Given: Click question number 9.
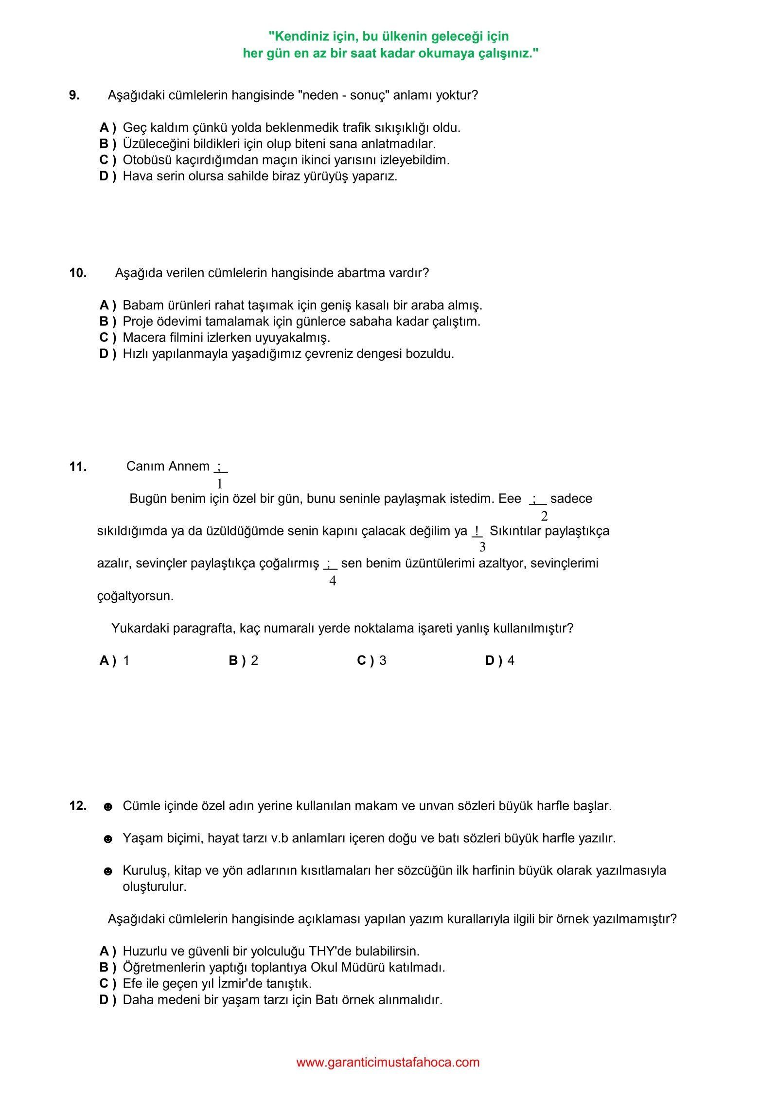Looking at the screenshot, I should coord(74,95).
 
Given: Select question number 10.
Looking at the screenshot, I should coord(78,273).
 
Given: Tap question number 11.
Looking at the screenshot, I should coord(78,467).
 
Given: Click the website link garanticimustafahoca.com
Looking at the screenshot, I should coord(388,1063).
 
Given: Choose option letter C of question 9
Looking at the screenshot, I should coord(107,160).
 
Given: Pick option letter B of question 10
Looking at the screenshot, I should coord(107,321).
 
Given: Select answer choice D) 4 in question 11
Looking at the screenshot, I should coord(499,660).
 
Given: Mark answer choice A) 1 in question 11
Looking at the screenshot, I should coord(114,660).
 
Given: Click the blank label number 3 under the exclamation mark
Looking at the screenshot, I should coord(482,547).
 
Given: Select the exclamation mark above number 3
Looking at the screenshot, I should coord(477,530).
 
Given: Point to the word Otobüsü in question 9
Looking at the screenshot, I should coord(144,160).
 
